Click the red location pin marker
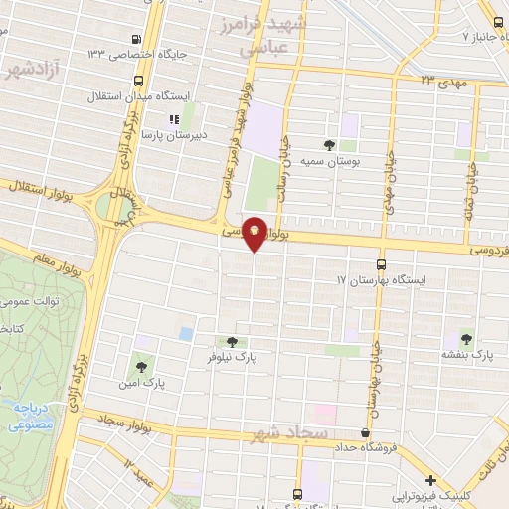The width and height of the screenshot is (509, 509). coord(254,234)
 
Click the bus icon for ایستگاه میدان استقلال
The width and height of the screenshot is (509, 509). coord(137,81)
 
